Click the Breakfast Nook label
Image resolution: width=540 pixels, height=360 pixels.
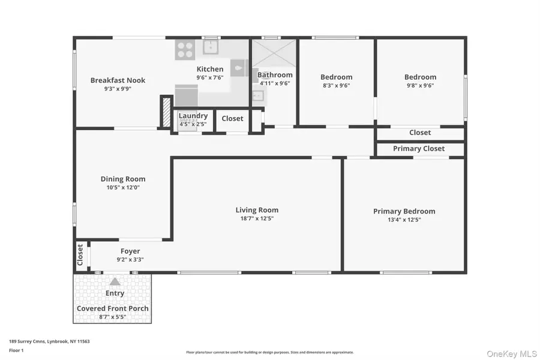(x=118, y=80)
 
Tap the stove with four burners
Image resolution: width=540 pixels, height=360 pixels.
(x=185, y=50)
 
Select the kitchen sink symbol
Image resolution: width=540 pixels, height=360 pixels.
(x=211, y=47)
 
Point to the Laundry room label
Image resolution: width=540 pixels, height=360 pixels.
(x=193, y=116)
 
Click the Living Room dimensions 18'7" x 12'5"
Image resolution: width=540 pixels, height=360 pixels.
(x=257, y=218)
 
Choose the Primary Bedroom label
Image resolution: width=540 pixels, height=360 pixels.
(x=404, y=211)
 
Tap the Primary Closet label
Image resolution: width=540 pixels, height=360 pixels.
(x=419, y=149)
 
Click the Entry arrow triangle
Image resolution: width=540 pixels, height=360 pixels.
(x=115, y=281)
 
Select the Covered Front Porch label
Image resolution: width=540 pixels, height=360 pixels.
(x=112, y=308)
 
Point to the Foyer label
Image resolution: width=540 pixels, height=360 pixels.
(x=130, y=251)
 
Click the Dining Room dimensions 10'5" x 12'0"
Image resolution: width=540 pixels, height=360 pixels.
(x=122, y=187)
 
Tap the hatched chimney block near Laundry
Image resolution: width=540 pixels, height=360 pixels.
(x=166, y=112)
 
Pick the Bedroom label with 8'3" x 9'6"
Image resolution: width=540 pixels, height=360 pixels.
(x=336, y=77)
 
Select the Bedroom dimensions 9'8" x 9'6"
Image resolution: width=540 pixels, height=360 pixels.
(x=420, y=85)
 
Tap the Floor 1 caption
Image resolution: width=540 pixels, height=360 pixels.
(x=16, y=349)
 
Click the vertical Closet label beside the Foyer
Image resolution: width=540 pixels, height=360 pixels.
(x=80, y=255)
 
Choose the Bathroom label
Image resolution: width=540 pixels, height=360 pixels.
(x=275, y=75)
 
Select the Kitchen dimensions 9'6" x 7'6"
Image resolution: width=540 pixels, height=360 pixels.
(x=210, y=77)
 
